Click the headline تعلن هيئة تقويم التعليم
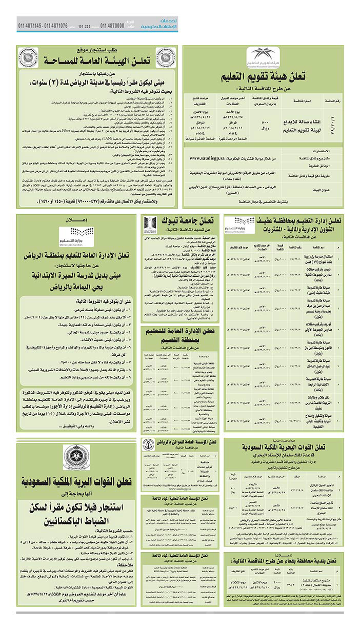(x=263, y=77)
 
